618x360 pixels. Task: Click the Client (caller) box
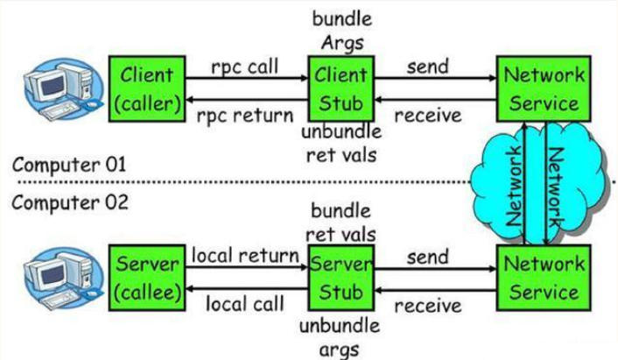tap(147, 88)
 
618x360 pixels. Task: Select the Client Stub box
tap(341, 88)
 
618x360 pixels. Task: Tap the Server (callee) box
tap(147, 278)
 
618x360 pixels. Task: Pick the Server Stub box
tap(341, 278)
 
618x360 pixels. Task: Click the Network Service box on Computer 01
tap(544, 88)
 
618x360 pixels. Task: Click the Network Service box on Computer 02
tap(544, 278)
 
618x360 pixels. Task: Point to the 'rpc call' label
tap(245, 67)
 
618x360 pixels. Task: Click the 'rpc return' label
tap(245, 116)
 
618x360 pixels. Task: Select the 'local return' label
tap(245, 256)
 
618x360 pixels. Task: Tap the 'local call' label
tap(245, 304)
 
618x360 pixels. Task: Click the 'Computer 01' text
tap(69, 165)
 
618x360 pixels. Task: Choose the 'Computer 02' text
tap(70, 202)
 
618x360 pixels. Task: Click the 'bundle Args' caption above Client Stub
tap(342, 32)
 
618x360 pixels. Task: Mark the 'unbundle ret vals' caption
tap(341, 144)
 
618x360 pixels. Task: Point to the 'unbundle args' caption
tap(340, 337)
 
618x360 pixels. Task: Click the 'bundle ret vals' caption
tap(341, 222)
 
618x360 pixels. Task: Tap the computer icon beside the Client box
tap(63, 89)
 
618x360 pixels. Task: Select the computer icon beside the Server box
tap(63, 279)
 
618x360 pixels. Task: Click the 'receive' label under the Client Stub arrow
tap(428, 116)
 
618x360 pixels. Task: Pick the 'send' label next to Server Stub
tap(428, 258)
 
